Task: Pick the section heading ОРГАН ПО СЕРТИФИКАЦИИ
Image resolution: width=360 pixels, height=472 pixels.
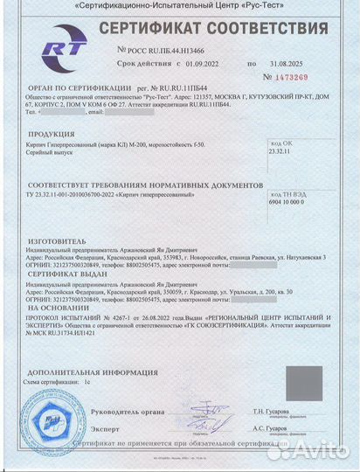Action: point(80,87)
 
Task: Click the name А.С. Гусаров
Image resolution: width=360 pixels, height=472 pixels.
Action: point(270,430)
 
